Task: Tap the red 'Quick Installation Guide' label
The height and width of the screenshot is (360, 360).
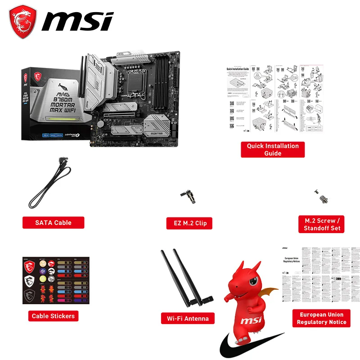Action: (x=273, y=149)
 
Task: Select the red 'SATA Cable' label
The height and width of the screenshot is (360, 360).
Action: (x=53, y=222)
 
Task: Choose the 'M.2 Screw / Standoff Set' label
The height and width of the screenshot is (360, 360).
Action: (x=321, y=224)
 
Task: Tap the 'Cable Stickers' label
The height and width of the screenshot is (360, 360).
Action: (x=53, y=316)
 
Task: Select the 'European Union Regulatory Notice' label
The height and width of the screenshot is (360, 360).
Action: (x=321, y=318)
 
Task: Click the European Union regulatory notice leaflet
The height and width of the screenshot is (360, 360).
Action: (x=321, y=274)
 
